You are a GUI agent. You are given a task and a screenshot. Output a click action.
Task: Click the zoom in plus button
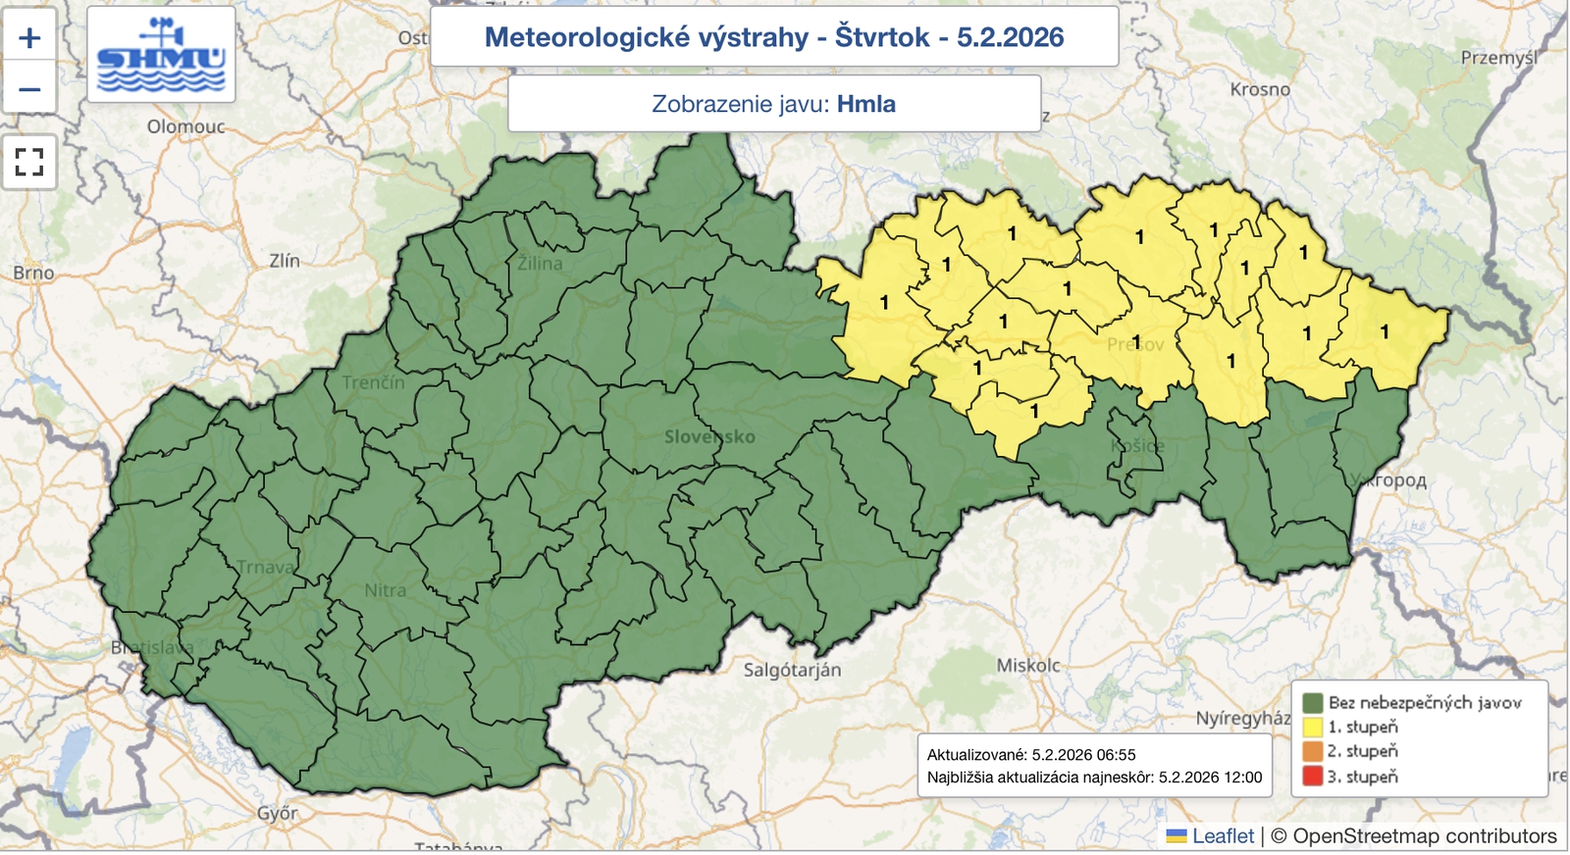pos(29,38)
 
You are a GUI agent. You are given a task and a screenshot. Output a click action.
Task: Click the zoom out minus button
pos(29,89)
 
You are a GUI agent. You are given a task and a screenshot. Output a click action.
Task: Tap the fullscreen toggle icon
pos(29,162)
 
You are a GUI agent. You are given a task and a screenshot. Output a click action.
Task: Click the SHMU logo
pos(161,55)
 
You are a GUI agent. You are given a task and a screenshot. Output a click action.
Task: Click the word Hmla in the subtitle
pos(865,104)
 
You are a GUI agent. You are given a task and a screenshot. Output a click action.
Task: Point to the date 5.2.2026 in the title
pos(1010,37)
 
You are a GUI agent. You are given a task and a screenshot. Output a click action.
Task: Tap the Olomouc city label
pos(185,126)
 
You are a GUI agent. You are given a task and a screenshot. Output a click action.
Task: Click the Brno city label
pos(33,273)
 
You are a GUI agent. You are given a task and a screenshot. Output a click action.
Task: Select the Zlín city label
pos(285,261)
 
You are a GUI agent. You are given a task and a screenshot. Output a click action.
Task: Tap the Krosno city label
pos(1260,89)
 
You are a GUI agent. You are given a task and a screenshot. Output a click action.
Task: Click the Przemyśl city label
pos(1498,58)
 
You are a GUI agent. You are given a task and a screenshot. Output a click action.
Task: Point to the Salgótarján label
pos(792,671)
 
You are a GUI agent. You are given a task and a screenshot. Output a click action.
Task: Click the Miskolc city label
pos(1028,666)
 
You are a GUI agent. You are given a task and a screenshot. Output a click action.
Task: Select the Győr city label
pos(277,813)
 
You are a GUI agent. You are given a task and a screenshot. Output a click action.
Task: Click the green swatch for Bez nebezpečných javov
pos(1312,702)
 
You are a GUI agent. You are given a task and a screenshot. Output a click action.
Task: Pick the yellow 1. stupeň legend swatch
pos(1312,727)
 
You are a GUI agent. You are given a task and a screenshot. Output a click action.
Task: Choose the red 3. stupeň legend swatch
pos(1312,777)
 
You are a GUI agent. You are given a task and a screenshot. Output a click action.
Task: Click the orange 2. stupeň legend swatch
pos(1312,752)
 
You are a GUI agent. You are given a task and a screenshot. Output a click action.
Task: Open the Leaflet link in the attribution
pos(1222,836)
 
